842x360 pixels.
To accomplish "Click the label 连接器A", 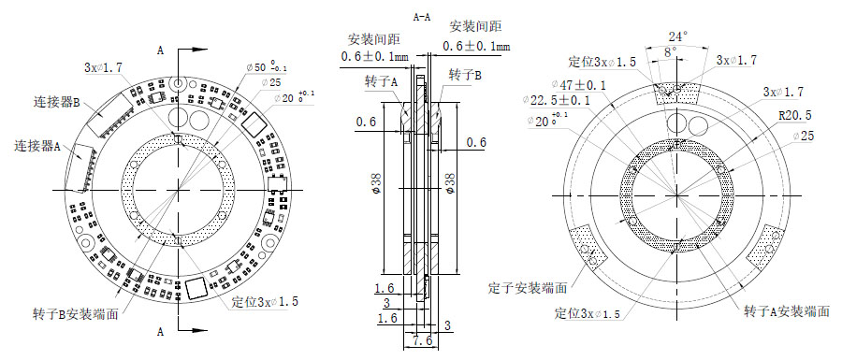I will (38, 147).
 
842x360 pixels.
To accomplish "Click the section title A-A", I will (422, 17).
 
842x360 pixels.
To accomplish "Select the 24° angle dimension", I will (676, 36).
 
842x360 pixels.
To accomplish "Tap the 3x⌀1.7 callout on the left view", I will (103, 67).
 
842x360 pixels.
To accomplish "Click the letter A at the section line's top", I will (162, 49).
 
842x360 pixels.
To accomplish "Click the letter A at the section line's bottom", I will (162, 332).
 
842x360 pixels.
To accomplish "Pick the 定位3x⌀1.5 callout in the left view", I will (263, 304).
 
